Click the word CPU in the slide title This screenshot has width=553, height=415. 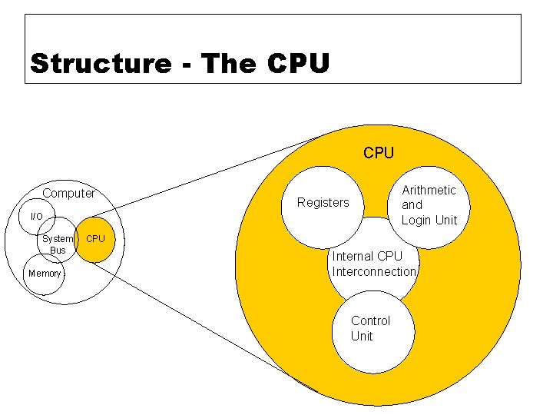299,63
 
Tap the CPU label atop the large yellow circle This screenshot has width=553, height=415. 378,153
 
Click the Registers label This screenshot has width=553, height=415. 323,202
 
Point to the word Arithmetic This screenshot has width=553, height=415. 429,190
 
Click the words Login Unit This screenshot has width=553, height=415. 429,220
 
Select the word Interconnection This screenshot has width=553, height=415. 374,271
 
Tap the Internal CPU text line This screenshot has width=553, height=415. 366,256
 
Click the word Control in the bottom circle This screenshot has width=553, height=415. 370,320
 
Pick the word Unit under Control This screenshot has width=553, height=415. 361,336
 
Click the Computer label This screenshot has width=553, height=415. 68,193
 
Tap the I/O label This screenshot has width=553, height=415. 36,217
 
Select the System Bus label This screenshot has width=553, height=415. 58,244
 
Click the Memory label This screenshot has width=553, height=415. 44,274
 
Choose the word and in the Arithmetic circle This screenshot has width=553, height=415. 412,204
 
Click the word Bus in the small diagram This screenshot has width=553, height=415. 58,251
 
